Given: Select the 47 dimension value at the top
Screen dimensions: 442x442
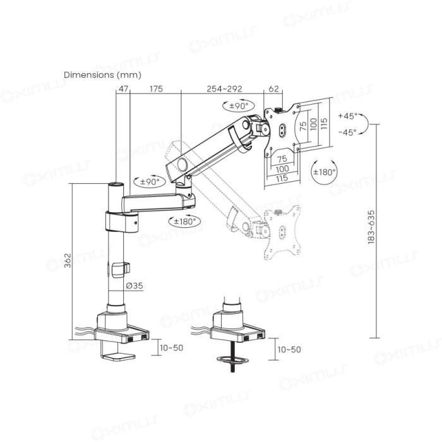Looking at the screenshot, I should click(121, 89).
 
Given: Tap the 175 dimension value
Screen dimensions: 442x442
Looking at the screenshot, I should click(155, 89).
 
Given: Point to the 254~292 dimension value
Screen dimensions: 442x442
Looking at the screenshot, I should click(225, 89).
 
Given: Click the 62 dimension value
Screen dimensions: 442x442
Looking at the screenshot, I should click(273, 89).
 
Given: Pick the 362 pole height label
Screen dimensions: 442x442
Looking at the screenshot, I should click(68, 260).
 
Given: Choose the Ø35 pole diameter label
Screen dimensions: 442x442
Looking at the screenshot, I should click(133, 285).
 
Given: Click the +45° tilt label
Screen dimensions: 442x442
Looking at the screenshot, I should click(347, 116).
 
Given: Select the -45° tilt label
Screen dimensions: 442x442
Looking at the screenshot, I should click(347, 132).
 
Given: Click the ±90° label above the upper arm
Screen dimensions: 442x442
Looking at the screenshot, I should click(237, 105).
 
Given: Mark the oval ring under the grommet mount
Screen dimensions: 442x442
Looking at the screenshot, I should click(232, 361).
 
